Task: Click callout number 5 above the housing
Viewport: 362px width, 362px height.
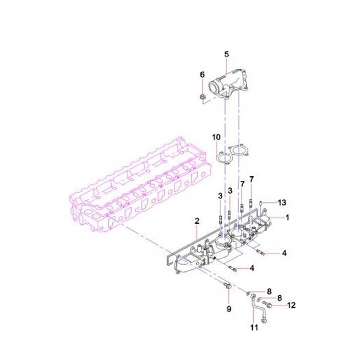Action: (x=227, y=54)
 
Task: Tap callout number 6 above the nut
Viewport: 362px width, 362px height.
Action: (x=202, y=75)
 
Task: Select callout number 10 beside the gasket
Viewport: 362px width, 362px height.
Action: (x=216, y=137)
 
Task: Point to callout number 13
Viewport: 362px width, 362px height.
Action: (x=282, y=202)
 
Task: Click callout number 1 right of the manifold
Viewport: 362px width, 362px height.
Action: (x=287, y=217)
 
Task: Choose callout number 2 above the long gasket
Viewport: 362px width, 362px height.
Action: (x=197, y=221)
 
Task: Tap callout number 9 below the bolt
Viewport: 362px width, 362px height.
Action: (x=229, y=309)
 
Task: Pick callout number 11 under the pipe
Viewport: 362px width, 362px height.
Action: (x=254, y=327)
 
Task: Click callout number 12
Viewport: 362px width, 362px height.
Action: (x=291, y=305)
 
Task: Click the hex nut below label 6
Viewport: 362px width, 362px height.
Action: (x=202, y=97)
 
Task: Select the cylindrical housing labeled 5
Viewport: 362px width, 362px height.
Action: (x=228, y=85)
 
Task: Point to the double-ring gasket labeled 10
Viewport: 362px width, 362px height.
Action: (x=232, y=154)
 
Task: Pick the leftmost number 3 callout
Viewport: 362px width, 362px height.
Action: (x=221, y=196)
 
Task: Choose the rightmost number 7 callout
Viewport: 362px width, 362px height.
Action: (x=251, y=179)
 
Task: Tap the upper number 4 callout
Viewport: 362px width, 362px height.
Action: (x=284, y=253)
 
